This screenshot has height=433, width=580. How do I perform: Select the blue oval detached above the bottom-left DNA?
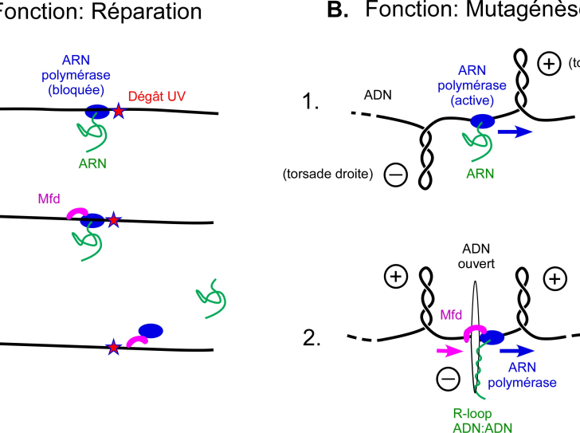(x=151, y=330)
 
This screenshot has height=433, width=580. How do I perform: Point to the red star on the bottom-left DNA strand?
(x=114, y=347)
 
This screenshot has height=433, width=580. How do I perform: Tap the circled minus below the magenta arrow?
(x=449, y=380)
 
